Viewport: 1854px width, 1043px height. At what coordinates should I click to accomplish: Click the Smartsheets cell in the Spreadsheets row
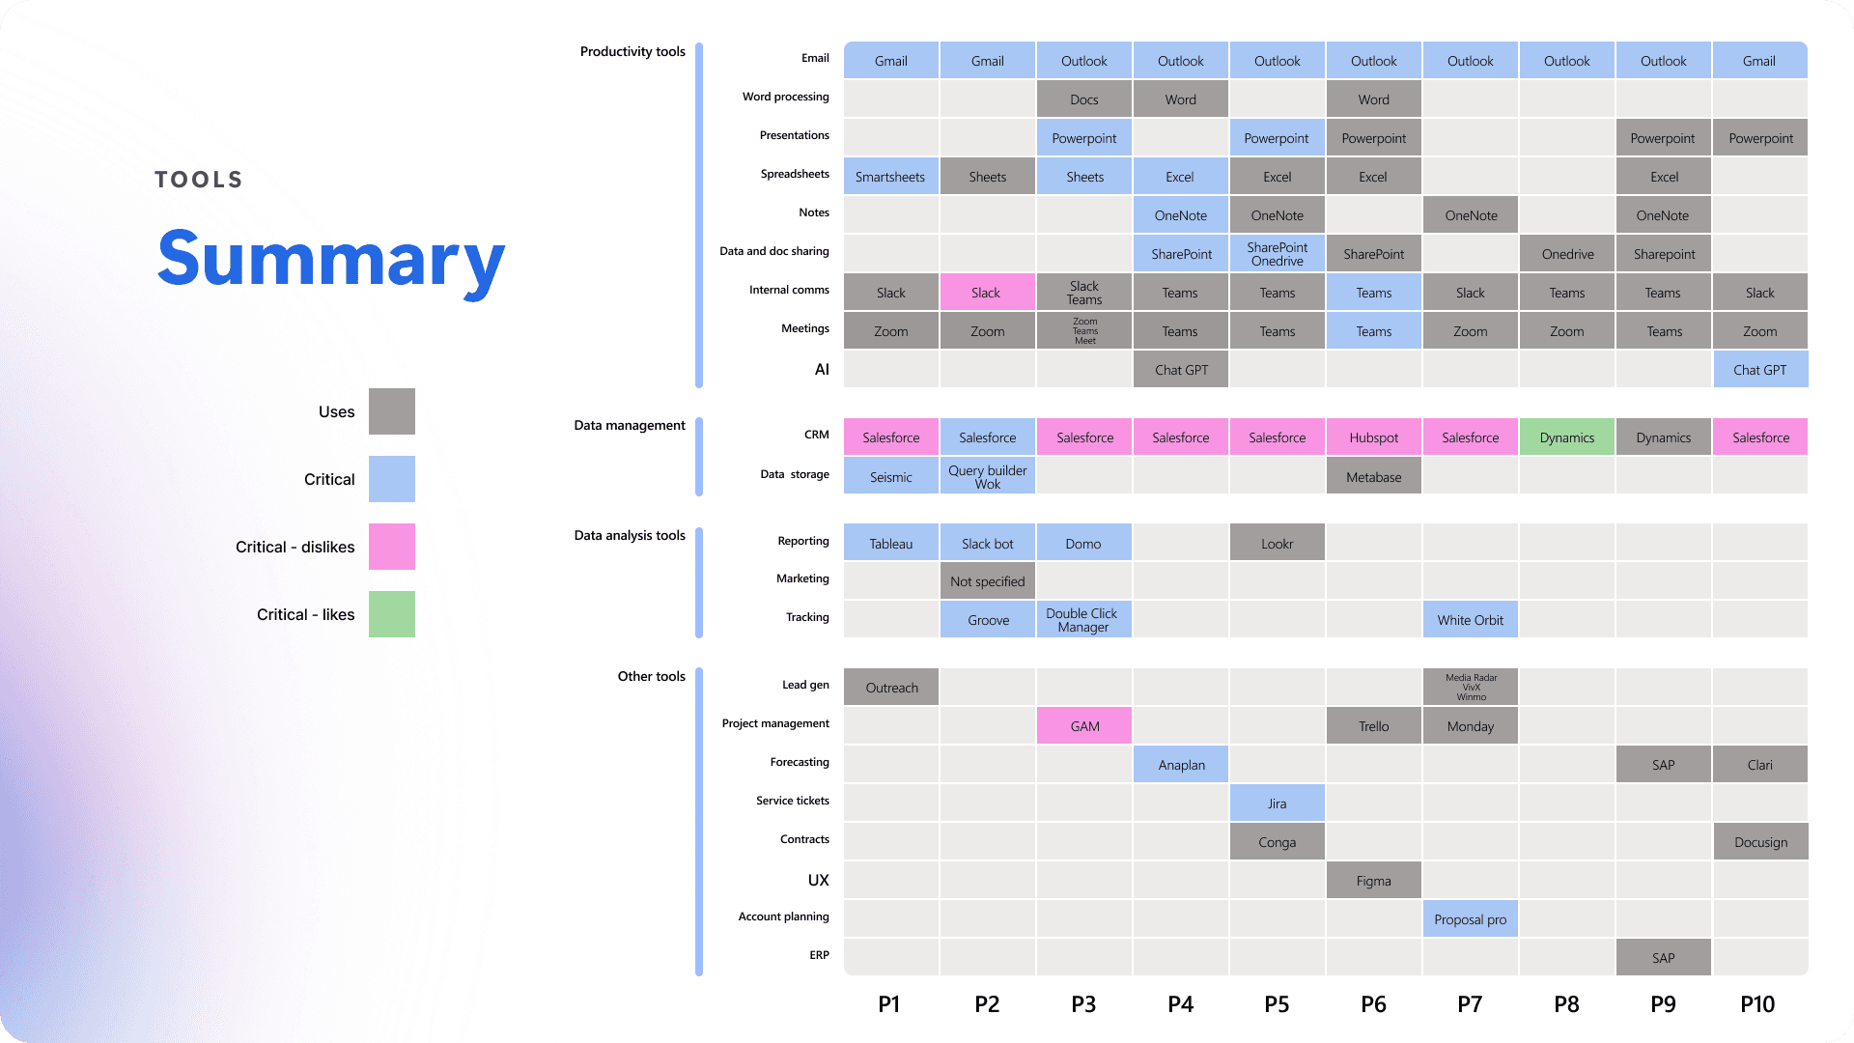coord(890,177)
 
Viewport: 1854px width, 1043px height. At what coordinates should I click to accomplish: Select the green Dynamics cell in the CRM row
coord(1566,437)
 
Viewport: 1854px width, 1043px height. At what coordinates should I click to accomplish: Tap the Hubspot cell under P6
coord(1373,437)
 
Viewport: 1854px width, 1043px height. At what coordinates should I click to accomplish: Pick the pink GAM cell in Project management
coord(1083,726)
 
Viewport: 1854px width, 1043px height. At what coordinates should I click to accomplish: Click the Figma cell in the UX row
coord(1373,881)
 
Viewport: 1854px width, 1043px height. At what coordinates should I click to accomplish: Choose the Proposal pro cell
coord(1470,919)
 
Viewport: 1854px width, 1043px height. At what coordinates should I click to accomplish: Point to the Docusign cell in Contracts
coord(1760,842)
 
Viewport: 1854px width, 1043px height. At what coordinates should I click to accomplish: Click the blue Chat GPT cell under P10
coord(1759,370)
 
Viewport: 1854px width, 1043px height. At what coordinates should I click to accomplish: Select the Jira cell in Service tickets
coord(1277,803)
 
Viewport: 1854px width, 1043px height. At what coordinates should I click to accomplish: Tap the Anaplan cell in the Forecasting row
coord(1180,765)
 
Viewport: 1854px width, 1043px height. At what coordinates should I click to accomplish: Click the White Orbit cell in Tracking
coord(1470,620)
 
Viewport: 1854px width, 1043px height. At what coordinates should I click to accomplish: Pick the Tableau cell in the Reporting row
coord(890,544)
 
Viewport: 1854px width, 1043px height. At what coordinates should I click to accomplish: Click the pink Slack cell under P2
coord(987,293)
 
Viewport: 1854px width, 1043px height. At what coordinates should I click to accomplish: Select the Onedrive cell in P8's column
coord(1566,254)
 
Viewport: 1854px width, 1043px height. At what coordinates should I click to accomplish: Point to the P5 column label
coord(1277,1004)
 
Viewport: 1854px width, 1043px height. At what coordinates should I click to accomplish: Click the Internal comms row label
coord(789,290)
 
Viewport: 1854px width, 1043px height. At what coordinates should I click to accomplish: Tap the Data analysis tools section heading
coord(630,535)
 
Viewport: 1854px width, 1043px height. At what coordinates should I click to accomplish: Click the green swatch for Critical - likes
coord(392,614)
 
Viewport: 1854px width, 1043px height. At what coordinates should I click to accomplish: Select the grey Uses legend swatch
coord(392,411)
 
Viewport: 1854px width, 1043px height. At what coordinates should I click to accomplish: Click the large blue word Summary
coord(330,259)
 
